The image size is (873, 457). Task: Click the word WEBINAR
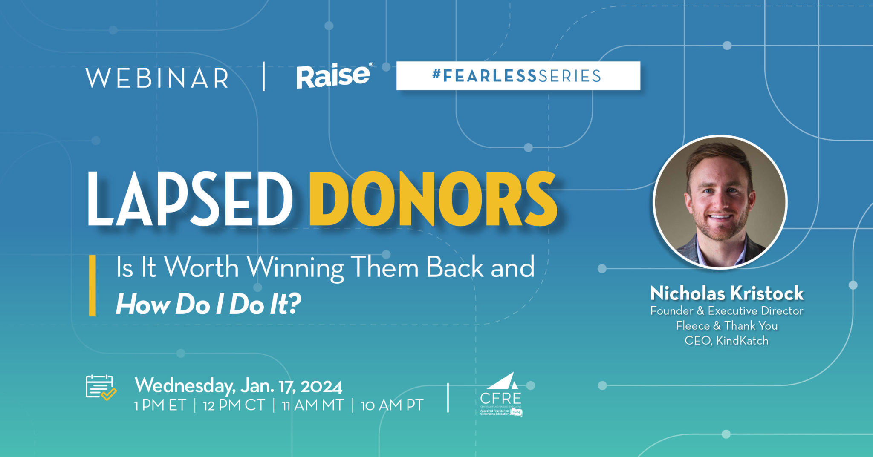(x=157, y=78)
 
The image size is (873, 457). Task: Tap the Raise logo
(x=334, y=76)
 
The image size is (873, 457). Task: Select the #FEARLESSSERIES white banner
(x=518, y=76)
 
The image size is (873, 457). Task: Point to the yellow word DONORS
(x=433, y=199)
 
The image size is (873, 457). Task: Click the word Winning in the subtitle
(x=295, y=268)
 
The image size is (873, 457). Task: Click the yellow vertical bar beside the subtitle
(x=92, y=286)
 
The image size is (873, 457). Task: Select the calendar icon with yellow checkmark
(x=101, y=388)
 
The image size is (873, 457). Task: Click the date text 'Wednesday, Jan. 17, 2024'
(x=238, y=386)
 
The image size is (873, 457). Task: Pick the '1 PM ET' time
(x=160, y=405)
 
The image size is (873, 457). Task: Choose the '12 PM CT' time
(x=234, y=405)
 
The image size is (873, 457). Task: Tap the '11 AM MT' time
(x=313, y=405)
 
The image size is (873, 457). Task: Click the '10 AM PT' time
(x=392, y=405)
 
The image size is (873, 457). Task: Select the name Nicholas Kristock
(x=727, y=293)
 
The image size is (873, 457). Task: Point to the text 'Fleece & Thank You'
(x=727, y=326)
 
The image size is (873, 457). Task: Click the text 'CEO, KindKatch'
(x=727, y=341)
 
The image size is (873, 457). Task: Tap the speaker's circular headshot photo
(x=720, y=202)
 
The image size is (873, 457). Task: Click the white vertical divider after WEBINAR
(x=264, y=77)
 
